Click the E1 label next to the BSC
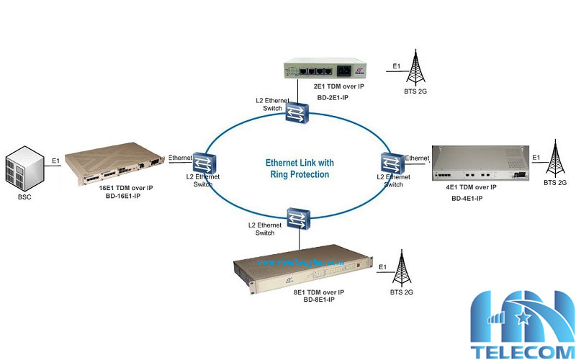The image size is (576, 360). point(55,162)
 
